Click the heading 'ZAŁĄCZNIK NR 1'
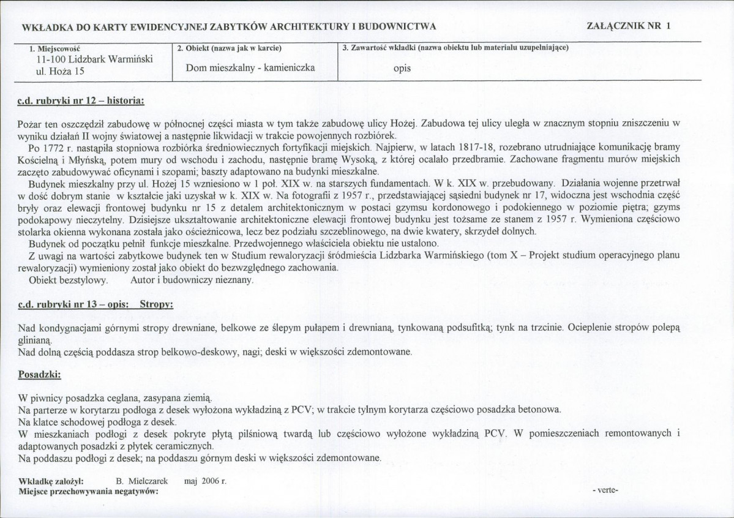(628, 26)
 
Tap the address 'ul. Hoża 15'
(61, 72)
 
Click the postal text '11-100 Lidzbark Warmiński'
(95, 60)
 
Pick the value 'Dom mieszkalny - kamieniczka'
(250, 67)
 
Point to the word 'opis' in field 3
(402, 68)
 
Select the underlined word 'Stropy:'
(157, 304)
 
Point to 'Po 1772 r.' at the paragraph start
(50, 148)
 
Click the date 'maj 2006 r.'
(205, 481)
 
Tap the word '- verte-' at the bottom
(606, 490)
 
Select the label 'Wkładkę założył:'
(56, 481)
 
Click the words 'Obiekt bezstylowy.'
(69, 280)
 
